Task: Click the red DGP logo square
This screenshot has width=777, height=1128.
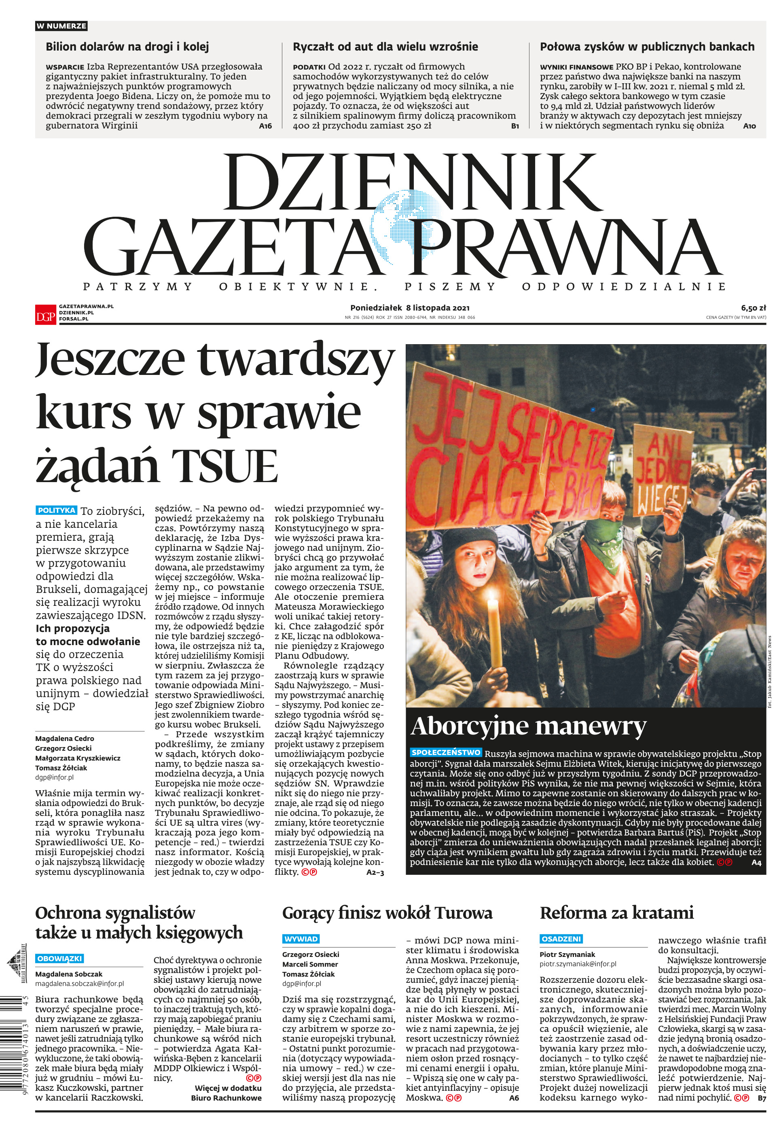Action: click(45, 314)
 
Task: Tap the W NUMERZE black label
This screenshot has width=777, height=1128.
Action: click(61, 26)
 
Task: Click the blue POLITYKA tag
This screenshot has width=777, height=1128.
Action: click(57, 510)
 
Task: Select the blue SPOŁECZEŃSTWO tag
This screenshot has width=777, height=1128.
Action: click(445, 753)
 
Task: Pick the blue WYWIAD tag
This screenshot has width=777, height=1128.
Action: click(301, 939)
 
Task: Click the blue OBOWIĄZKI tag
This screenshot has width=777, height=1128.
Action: click(59, 958)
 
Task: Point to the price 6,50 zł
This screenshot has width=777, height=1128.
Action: click(753, 308)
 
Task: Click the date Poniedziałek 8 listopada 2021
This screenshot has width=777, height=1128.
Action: click(410, 308)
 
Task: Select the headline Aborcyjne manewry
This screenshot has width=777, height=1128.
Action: click(528, 726)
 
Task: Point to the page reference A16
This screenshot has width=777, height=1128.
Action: click(265, 126)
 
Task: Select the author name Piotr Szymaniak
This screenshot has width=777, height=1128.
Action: click(567, 954)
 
